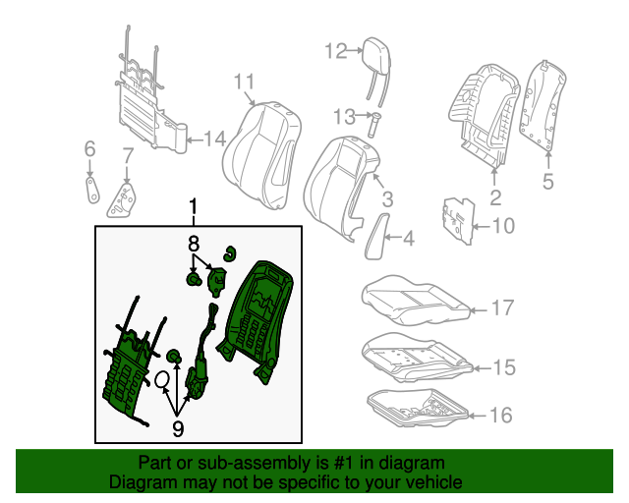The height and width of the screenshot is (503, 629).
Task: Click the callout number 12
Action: [x=336, y=51]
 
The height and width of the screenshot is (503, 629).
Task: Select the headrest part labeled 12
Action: [x=374, y=50]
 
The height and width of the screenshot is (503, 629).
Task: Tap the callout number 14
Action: [x=215, y=139]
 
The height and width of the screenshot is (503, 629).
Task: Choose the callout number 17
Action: [x=502, y=308]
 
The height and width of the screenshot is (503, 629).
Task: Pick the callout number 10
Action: [x=502, y=227]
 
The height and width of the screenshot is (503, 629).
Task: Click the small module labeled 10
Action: [x=456, y=218]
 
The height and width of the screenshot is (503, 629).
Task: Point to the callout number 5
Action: [x=548, y=180]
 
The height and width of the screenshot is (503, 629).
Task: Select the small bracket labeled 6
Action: [x=91, y=187]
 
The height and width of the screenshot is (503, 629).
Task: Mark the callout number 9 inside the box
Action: [x=178, y=427]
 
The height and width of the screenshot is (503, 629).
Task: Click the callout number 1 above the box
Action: [x=194, y=207]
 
